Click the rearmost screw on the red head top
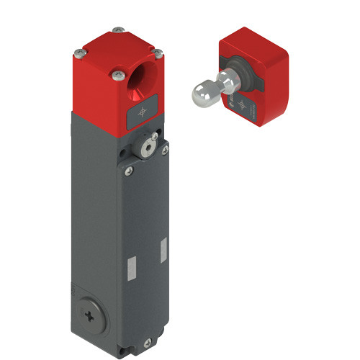point(117,30)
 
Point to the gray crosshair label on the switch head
point(141,112)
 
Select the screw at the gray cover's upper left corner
point(130,171)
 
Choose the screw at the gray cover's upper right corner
point(164,149)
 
